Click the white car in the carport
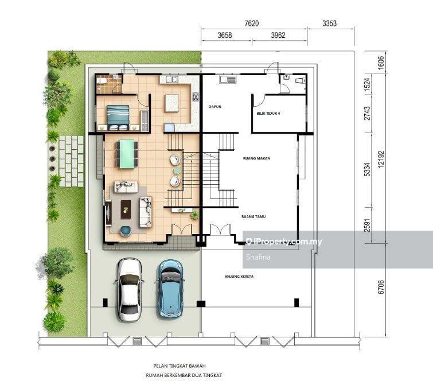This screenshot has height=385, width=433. [129, 289]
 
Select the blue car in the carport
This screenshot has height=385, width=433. [170, 289]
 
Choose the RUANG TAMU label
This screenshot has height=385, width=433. [253, 217]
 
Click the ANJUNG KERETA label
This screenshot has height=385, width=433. [239, 277]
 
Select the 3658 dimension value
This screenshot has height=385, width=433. [225, 36]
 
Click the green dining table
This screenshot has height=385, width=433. [126, 154]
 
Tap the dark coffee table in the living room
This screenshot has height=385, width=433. [126, 209]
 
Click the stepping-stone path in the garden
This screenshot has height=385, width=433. [72, 160]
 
